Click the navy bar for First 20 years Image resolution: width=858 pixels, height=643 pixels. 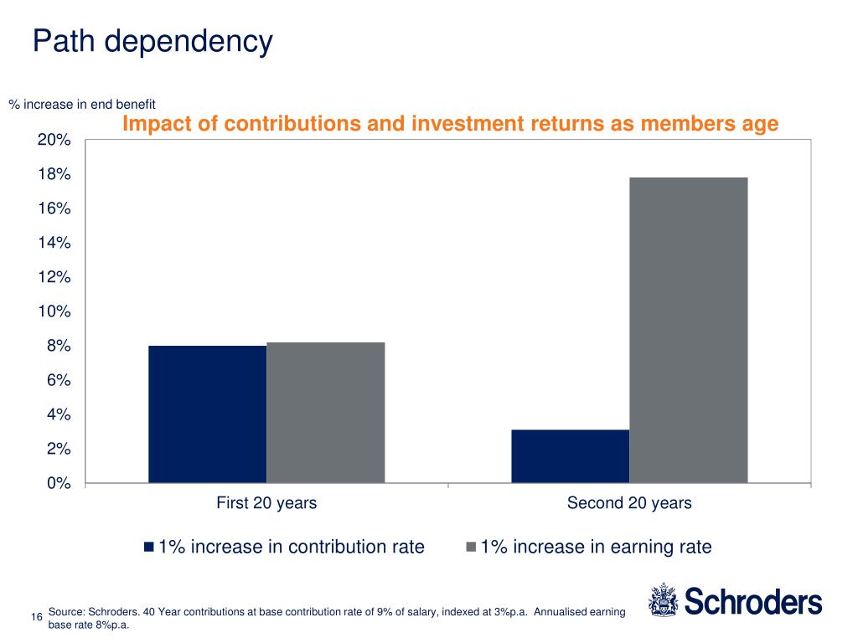pos(207,414)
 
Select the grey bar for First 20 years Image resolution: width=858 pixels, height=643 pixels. pos(325,413)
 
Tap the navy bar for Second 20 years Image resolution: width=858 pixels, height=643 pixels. pos(570,456)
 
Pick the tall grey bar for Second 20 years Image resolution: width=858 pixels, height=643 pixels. pos(688,330)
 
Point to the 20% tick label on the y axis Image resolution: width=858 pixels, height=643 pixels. pos(54,140)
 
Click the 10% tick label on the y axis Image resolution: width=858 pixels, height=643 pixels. pos(54,311)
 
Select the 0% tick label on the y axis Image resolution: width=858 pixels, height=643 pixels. pos(58,483)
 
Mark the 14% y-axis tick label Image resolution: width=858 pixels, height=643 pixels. pos(54,243)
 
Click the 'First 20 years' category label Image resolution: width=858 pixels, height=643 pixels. pos(266,503)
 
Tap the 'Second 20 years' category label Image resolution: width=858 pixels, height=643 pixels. pos(629,503)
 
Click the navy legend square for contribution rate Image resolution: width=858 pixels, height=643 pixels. pos(149,548)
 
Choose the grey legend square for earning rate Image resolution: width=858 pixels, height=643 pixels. pos(471,548)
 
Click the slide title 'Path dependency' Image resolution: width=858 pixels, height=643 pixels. pos(152,41)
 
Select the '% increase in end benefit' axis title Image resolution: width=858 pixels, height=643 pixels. pos(82,105)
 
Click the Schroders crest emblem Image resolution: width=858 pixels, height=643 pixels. pos(662,601)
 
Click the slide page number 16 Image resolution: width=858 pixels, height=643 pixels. pos(36,618)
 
